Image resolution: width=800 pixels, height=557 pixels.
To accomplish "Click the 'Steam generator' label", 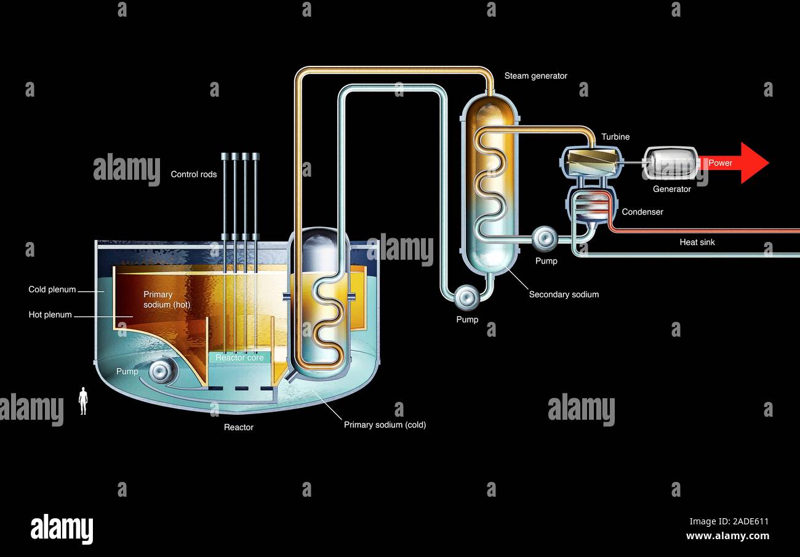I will tap(535, 76).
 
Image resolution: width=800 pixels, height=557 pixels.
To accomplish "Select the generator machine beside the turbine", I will tap(671, 162).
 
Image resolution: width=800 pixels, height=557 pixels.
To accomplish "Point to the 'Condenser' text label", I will tap(642, 212).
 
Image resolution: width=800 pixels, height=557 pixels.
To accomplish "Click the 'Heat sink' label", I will tap(697, 242).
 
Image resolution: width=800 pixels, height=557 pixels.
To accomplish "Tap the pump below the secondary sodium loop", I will tap(466, 297).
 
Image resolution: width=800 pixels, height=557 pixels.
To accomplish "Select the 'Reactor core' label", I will tap(239, 358).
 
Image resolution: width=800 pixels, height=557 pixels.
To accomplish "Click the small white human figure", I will tap(83, 401).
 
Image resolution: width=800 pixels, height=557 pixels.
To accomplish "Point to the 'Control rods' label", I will tap(194, 174).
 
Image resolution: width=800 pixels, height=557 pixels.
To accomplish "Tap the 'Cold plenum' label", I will tap(52, 289).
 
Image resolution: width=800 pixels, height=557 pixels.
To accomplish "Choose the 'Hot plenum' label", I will tap(50, 315).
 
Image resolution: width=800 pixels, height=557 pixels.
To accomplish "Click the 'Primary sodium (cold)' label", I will tap(385, 425).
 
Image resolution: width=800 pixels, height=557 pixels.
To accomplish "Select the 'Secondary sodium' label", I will tap(564, 294).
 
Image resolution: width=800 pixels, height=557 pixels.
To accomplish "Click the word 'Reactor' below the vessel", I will tap(238, 427).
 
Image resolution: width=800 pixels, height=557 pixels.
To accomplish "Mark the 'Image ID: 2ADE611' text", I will tap(729, 521).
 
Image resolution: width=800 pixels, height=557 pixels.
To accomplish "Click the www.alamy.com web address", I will tap(727, 535).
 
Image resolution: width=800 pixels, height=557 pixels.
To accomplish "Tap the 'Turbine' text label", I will tap(615, 137).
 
